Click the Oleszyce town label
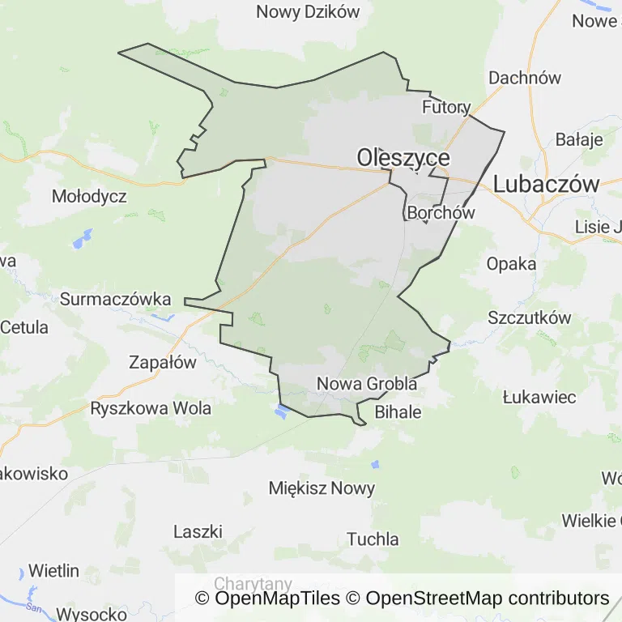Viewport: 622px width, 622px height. coord(403,156)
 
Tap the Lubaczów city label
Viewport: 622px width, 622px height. coord(546,183)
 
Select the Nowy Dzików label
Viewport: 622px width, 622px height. coord(308,11)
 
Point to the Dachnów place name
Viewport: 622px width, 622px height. coord(525,78)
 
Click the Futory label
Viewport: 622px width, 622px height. coord(446,107)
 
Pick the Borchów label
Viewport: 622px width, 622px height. coord(441,213)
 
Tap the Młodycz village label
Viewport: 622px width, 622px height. coord(89,196)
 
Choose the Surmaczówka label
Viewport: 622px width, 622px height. coord(116,299)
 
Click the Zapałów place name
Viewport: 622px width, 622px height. coord(163,362)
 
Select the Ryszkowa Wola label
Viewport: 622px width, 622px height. coord(151,408)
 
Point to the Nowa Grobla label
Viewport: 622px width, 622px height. coord(367,384)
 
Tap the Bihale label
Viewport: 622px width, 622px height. coord(398,411)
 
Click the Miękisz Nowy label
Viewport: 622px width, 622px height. coord(322,488)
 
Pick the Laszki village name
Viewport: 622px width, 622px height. coord(198,531)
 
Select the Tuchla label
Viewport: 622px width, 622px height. coord(373,539)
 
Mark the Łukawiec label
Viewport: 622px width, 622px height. coord(539,397)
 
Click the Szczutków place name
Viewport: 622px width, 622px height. coord(529,317)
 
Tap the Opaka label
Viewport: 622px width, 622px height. coord(511,263)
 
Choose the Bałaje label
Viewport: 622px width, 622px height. coord(579,139)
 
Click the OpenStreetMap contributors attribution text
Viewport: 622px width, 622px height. coord(487,599)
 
